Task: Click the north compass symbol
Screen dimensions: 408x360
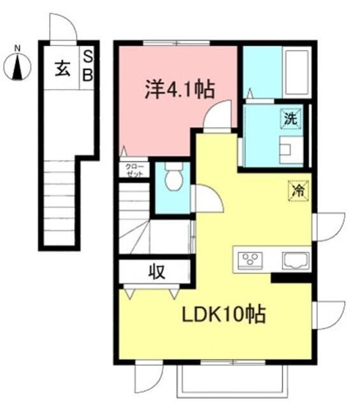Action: tap(18, 65)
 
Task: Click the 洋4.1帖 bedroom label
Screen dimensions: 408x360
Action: tap(178, 90)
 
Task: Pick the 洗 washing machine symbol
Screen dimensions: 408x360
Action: tap(291, 118)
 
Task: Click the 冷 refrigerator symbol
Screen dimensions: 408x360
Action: tap(298, 189)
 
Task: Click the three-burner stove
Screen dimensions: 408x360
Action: tap(250, 259)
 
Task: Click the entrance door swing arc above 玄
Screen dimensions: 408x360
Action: tap(64, 28)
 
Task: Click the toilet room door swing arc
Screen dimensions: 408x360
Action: tap(208, 200)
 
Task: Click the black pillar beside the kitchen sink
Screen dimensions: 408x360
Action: tap(291, 277)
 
